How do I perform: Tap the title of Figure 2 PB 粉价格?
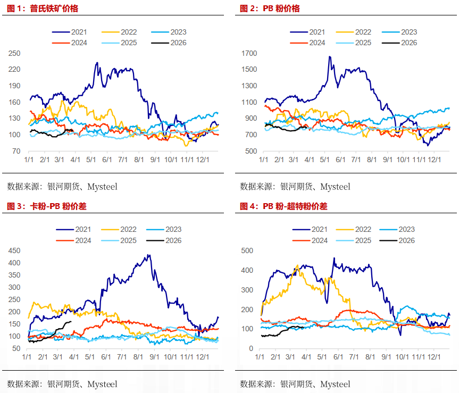point(270,9)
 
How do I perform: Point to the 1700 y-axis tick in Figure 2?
point(248,53)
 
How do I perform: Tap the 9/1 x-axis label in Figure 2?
point(387,159)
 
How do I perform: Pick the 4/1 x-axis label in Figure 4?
point(305,356)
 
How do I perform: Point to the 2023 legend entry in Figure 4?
point(406,230)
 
